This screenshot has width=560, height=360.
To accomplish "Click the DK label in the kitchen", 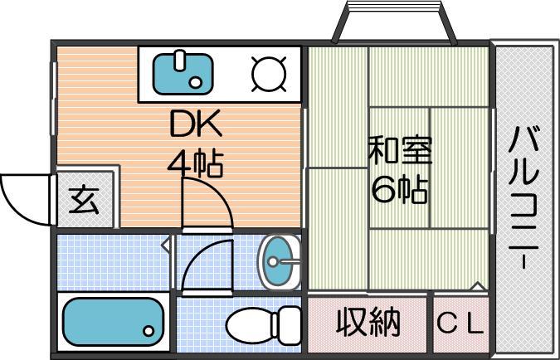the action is tap(196, 124).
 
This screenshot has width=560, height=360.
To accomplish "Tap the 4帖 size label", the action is tap(196, 164).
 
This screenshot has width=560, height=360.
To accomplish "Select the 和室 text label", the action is tap(401, 150).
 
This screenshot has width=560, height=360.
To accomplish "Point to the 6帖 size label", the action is tap(400, 188).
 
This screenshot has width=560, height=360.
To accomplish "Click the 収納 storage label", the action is tap(368, 322).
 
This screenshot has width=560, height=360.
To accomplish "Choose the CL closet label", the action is tap(460, 323).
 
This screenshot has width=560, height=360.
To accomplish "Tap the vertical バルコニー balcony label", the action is tap(523, 197).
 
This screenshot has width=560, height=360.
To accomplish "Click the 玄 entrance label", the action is tap(85, 200).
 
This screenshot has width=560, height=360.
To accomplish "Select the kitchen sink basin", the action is tap(183, 74).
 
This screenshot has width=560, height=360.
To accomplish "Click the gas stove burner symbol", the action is tap(269, 75).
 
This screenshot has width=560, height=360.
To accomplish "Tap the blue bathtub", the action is tap(113, 322).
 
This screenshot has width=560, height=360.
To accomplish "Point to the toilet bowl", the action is tap(249, 325).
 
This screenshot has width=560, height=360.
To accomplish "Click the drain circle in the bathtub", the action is tap(149, 331).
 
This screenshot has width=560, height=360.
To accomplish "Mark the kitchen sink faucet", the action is tap(180, 61).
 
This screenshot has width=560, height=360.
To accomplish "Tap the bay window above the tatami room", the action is tap(394, 22).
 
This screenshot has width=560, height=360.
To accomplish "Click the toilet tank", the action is tap(287, 325).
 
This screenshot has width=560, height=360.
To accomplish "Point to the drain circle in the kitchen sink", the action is tap(195, 83).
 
